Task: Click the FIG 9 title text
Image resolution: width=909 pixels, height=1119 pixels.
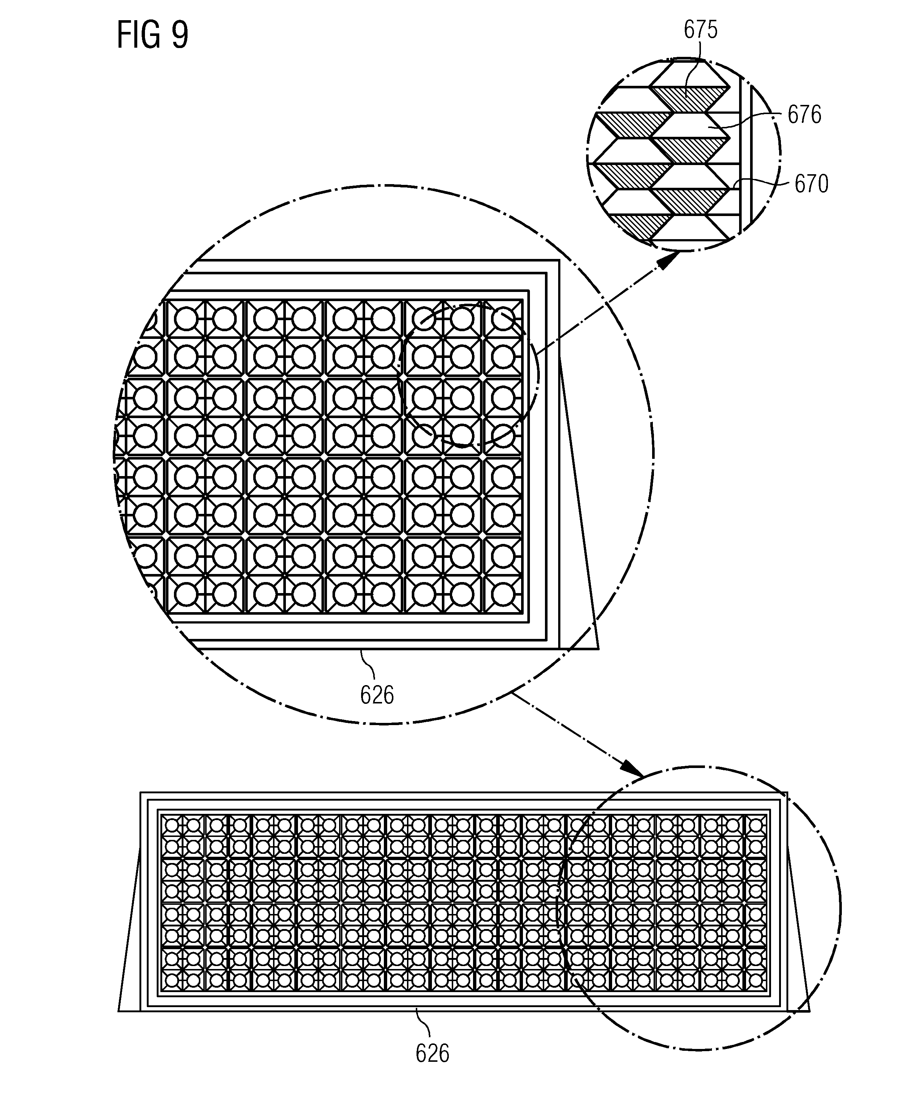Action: click(x=152, y=36)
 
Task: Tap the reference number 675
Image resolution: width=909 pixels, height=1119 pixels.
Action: click(x=701, y=30)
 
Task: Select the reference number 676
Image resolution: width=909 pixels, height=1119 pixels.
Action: click(x=805, y=115)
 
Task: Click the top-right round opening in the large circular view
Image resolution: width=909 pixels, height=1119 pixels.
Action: click(x=503, y=319)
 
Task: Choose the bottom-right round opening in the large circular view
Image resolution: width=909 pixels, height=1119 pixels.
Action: click(x=503, y=595)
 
